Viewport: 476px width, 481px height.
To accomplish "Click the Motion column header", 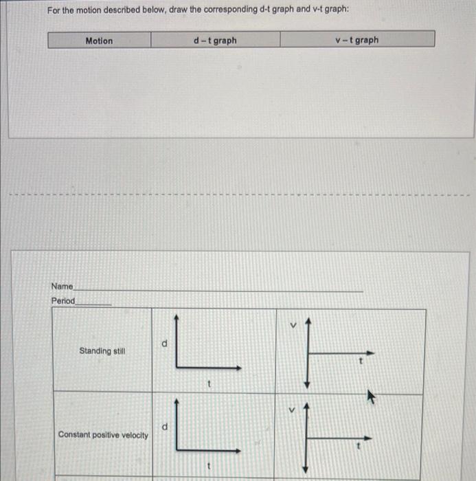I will pyautogui.click(x=99, y=41).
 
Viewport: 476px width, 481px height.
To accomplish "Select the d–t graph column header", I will pyautogui.click(x=215, y=41).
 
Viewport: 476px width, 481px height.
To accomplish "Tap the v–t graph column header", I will pyautogui.click(x=356, y=40).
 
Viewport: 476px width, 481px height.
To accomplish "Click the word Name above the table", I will pyautogui.click(x=62, y=286).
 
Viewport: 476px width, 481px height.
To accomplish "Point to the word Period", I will pyautogui.click(x=63, y=301).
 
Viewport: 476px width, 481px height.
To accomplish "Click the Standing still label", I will pyautogui.click(x=102, y=351).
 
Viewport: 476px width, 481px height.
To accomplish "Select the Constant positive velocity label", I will pyautogui.click(x=103, y=435).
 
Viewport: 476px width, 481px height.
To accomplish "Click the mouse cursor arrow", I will pyautogui.click(x=372, y=396).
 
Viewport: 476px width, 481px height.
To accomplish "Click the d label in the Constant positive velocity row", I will pyautogui.click(x=164, y=427).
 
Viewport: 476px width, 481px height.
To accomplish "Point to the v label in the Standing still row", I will pyautogui.click(x=292, y=326).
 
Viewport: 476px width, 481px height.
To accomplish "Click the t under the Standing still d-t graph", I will pyautogui.click(x=208, y=385).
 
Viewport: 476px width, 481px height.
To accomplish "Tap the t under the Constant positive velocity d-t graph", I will pyautogui.click(x=208, y=469).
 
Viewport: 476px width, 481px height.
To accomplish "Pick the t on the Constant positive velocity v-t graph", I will pyautogui.click(x=356, y=445).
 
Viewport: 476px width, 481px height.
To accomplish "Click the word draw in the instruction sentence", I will pyautogui.click(x=178, y=11).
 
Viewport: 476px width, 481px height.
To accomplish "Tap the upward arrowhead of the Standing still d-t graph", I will pyautogui.click(x=177, y=317).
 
